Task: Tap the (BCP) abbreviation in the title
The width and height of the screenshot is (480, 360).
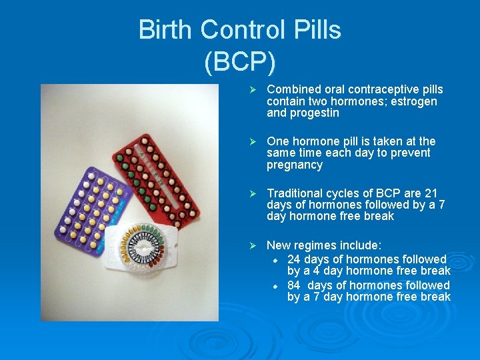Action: (x=239, y=61)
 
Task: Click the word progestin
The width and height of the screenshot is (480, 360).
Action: (x=315, y=113)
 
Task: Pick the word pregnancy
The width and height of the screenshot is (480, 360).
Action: (x=295, y=165)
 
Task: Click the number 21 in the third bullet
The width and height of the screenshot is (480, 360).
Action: (x=431, y=193)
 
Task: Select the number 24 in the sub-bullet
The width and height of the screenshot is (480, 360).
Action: (x=294, y=259)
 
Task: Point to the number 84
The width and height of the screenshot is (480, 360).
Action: (x=294, y=285)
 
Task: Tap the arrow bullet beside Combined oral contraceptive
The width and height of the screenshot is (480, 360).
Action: (x=252, y=90)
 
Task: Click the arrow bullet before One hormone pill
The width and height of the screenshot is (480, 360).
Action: (x=252, y=142)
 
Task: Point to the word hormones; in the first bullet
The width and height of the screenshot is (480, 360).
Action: (x=355, y=101)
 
